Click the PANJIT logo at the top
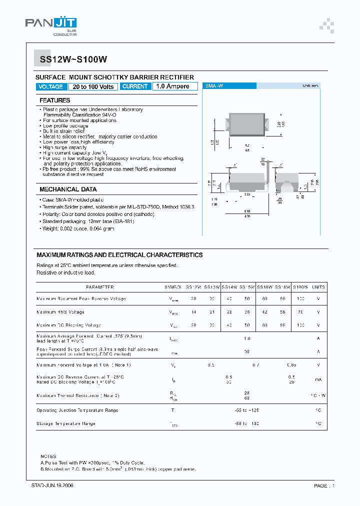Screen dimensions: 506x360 pyautogui.click(x=50, y=23)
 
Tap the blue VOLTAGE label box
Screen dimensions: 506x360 pyautogui.click(x=50, y=86)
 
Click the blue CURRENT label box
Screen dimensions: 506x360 pyautogui.click(x=135, y=86)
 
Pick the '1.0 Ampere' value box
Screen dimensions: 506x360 pyautogui.click(x=172, y=86)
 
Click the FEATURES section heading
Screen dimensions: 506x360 pyautogui.click(x=55, y=100)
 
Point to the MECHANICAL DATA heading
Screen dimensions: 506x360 pyautogui.click(x=68, y=189)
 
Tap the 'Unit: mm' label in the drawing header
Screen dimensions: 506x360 pyautogui.click(x=310, y=86)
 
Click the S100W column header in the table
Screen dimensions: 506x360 pyautogui.click(x=301, y=287)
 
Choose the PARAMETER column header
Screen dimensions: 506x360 pyautogui.click(x=99, y=287)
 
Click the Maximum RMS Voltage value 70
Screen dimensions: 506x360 pyautogui.click(x=300, y=312)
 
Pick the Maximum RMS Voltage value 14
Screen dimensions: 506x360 pyautogui.click(x=193, y=312)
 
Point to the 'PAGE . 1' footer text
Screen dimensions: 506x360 pyautogui.click(x=324, y=485)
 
